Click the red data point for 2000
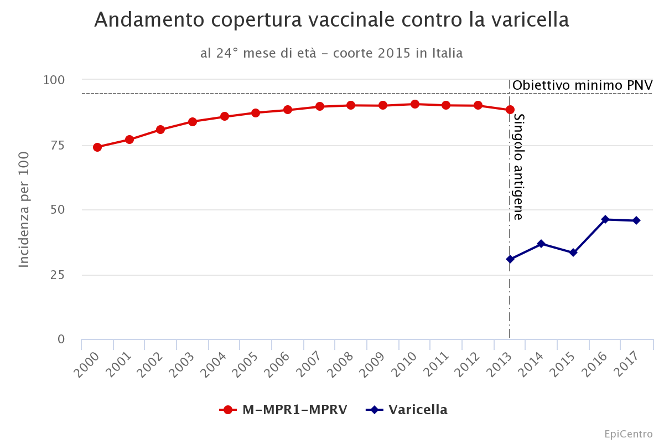tap(97, 147)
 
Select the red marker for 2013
tap(510, 110)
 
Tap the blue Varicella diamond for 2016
tap(605, 219)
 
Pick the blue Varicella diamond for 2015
tap(573, 253)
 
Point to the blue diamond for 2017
tap(636, 220)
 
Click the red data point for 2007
tap(320, 106)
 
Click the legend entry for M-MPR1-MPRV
tap(283, 410)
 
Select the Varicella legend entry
tap(407, 410)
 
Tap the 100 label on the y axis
tap(54, 80)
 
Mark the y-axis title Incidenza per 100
tap(24, 209)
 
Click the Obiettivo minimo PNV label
tap(582, 85)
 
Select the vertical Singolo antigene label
tap(518, 167)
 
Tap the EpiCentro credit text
tap(628, 434)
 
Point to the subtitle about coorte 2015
tap(331, 53)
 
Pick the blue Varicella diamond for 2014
tap(541, 244)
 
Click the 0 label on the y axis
tap(61, 339)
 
